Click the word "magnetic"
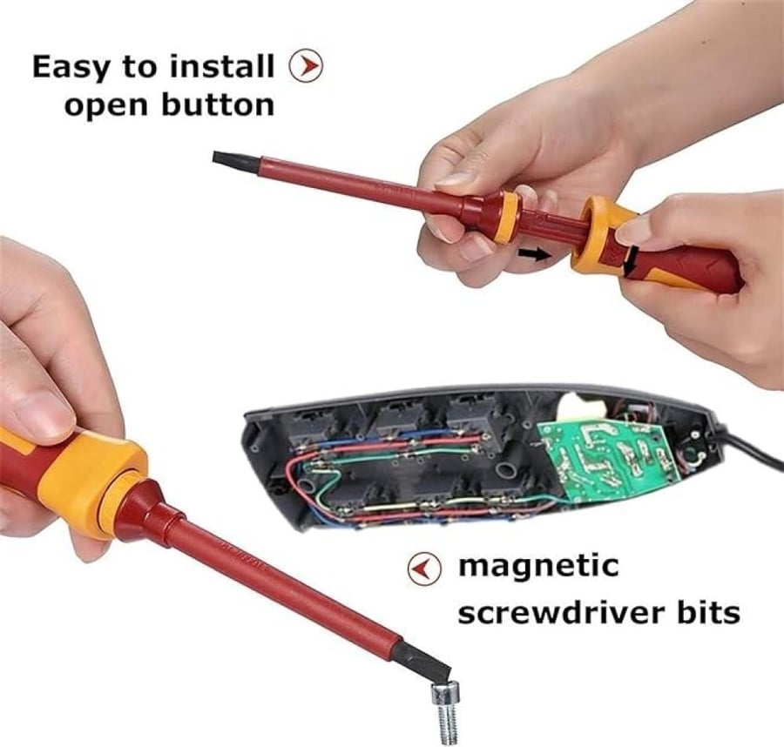click(538, 567)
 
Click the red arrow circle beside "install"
click(306, 65)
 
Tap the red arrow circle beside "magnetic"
click(424, 569)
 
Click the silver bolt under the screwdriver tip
click(445, 712)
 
